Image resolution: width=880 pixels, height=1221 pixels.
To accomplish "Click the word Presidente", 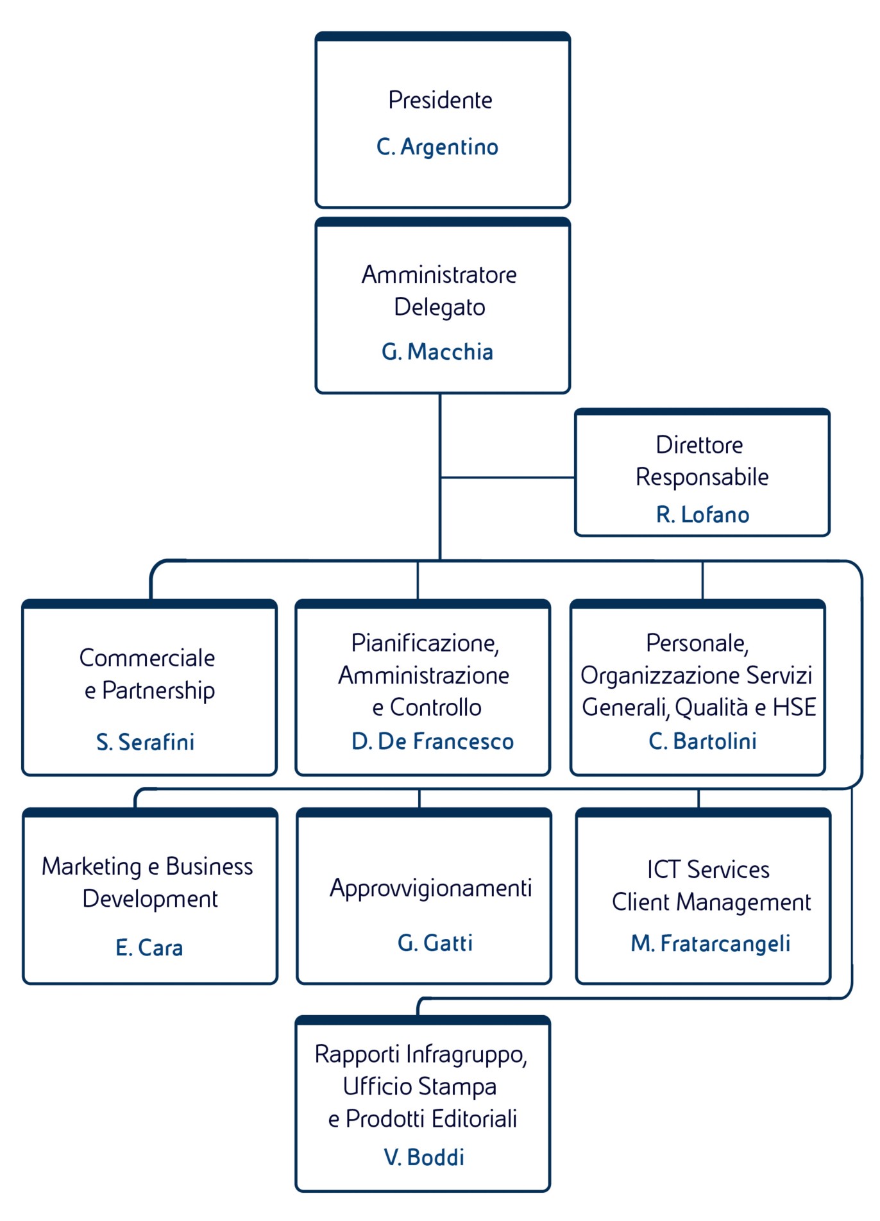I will click(440, 101).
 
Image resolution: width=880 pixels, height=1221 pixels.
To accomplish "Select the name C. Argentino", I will click(437, 147).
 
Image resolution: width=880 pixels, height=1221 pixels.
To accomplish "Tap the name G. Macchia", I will click(437, 352).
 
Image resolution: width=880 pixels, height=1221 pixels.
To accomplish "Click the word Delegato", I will click(439, 307).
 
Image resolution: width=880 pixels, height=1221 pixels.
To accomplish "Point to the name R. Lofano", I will click(702, 515).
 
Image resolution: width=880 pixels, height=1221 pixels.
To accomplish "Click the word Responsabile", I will click(702, 477).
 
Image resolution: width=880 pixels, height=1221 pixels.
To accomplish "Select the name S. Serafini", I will click(145, 742).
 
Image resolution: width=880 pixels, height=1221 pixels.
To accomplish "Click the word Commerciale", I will click(147, 658).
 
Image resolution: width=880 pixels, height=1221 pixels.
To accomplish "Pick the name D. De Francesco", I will click(432, 741).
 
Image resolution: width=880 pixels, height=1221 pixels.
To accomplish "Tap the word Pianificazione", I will click(425, 643).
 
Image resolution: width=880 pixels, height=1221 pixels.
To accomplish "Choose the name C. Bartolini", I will click(702, 741).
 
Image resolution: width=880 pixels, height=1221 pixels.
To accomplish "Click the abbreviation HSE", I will click(794, 707).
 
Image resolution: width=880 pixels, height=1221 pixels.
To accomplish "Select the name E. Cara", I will click(149, 948).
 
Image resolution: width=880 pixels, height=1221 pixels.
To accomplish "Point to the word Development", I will click(150, 899).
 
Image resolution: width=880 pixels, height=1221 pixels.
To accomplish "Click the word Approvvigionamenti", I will click(431, 889).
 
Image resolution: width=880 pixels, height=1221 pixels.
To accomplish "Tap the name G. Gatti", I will click(435, 943).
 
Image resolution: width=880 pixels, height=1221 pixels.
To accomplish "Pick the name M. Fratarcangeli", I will click(710, 943).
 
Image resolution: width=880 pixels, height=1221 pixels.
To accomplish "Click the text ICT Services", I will click(708, 870).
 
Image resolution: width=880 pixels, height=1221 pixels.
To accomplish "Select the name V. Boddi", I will click(424, 1158).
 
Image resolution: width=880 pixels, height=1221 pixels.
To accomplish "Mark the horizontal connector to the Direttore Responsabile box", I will click(507, 478).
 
